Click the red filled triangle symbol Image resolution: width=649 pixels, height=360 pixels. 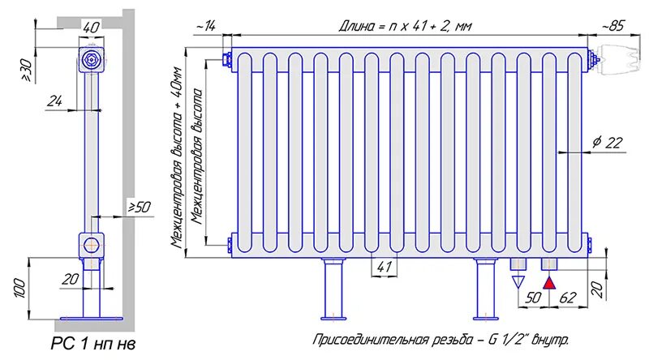tap(549, 282)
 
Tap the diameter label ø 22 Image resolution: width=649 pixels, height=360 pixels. tap(606, 143)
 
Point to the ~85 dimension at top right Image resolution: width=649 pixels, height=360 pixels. tap(613, 26)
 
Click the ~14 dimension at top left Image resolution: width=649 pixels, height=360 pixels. tap(205, 26)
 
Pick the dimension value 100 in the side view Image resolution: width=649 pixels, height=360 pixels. tap(21, 287)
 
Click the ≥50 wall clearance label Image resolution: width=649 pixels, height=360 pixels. tap(139, 208)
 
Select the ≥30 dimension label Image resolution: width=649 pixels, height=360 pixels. tap(25, 71)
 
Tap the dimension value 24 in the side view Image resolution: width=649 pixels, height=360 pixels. tap(55, 101)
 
